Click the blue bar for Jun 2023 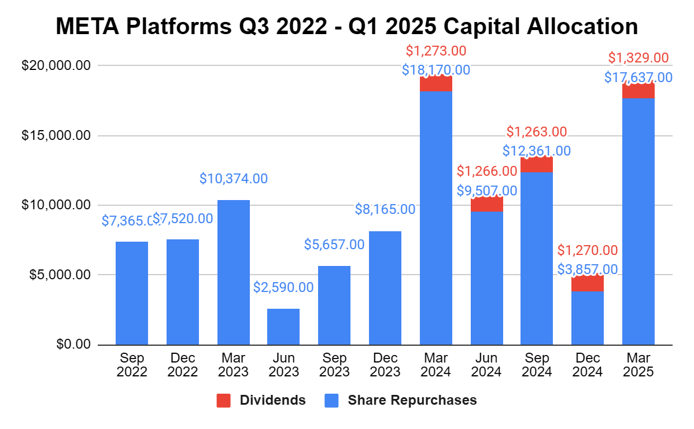(x=283, y=327)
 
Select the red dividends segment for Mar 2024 (x=435, y=84)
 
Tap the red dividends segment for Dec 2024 (x=587, y=283)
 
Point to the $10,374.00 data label (x=234, y=179)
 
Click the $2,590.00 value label (x=283, y=287)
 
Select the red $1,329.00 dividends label (x=638, y=58)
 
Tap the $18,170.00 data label (x=435, y=71)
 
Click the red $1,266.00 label (x=487, y=171)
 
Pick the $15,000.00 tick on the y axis (x=56, y=136)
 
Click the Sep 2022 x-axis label (x=132, y=365)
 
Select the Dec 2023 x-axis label (x=385, y=365)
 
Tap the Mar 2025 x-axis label (x=638, y=365)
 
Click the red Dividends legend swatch (x=224, y=400)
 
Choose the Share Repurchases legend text (x=412, y=400)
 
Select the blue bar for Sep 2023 (x=334, y=305)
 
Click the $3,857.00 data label (x=588, y=269)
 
